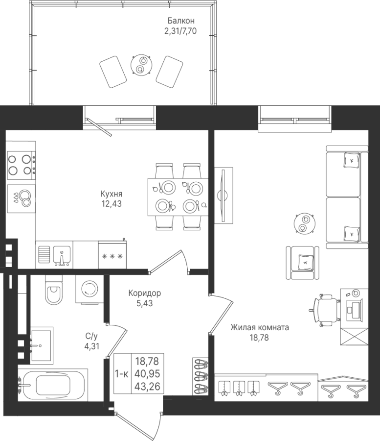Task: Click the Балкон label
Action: [x=181, y=21]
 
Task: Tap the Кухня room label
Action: [x=112, y=194]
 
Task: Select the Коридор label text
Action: [x=145, y=294]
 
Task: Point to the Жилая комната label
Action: [x=260, y=328]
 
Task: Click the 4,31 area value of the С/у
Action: [x=92, y=346]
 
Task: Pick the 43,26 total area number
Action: [x=147, y=387]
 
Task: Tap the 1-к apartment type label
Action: [x=122, y=374]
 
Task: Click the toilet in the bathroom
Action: [x=54, y=290]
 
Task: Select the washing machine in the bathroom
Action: [x=90, y=289]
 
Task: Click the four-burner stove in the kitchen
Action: [x=22, y=165]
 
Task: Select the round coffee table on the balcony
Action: [x=142, y=64]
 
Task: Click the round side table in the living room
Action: [x=304, y=223]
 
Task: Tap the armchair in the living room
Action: [x=303, y=263]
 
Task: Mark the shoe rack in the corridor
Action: [x=201, y=376]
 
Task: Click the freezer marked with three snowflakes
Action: [x=112, y=255]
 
